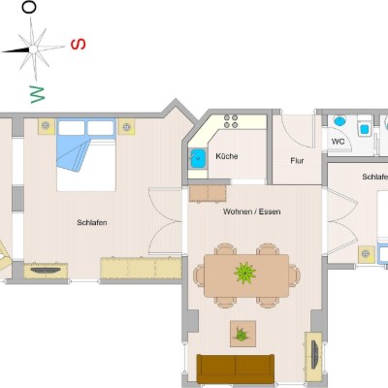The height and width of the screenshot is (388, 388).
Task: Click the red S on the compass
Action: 79,44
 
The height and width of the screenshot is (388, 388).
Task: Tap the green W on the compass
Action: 38,94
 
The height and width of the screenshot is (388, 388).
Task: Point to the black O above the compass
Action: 29,7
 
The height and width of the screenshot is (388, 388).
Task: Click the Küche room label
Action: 227,156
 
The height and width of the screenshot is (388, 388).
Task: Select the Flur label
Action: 297,160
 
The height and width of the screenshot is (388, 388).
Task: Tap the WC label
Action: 338,142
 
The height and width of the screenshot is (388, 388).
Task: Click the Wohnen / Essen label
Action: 251,211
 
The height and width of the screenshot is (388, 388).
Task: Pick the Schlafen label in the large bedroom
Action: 92,222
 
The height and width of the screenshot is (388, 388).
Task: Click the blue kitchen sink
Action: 198,158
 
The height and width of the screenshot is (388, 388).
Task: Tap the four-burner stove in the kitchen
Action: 231,121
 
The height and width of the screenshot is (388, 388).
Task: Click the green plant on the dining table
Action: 244,273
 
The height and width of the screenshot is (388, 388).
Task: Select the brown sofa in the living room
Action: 236,369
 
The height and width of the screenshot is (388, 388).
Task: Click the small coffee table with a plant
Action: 242,334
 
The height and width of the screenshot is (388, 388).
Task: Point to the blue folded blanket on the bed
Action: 74,150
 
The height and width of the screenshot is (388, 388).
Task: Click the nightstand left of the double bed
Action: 46,126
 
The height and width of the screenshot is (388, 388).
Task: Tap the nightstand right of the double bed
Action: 126,127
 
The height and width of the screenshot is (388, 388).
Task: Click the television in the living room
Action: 314,355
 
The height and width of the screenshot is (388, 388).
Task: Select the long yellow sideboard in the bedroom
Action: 141,268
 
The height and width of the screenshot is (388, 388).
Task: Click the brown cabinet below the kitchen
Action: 208,193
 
